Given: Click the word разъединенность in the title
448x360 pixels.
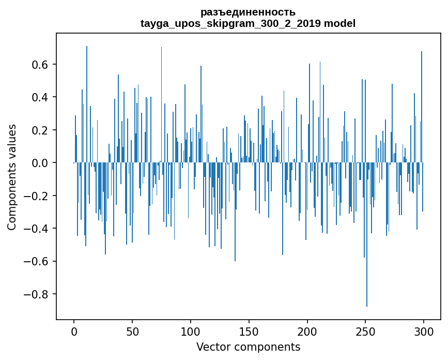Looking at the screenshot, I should (x=248, y=12).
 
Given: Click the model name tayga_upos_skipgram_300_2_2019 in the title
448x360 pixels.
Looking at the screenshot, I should (x=230, y=23).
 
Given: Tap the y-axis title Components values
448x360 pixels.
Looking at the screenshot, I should (x=12, y=177).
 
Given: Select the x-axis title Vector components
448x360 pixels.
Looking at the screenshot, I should (x=248, y=347).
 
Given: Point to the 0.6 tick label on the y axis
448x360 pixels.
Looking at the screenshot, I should (x=40, y=65).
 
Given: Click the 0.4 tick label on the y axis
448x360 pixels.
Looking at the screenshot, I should (x=40, y=97).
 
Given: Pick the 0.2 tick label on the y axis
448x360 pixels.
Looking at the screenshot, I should (x=40, y=130).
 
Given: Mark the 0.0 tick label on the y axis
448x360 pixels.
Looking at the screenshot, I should (x=40, y=163).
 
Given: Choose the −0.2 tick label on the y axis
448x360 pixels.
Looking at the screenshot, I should (x=37, y=196).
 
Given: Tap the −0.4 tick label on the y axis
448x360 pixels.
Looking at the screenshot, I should (x=37, y=229).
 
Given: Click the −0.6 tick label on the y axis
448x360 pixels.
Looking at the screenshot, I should (x=37, y=261).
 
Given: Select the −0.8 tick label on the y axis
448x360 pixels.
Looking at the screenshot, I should (x=37, y=294).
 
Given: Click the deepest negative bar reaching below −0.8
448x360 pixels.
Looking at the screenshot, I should (x=367, y=259).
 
